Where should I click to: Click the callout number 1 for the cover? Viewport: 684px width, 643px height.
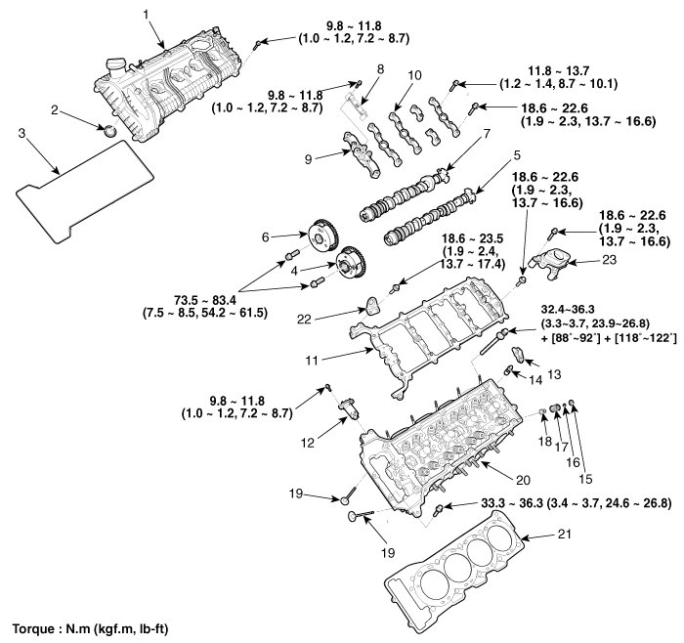(x=147, y=15)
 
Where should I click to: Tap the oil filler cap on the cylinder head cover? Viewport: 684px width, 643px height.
(x=115, y=68)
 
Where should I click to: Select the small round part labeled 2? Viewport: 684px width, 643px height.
(x=108, y=130)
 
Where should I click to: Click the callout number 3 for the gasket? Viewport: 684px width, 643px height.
(x=21, y=133)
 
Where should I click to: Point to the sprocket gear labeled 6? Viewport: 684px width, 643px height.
(x=321, y=235)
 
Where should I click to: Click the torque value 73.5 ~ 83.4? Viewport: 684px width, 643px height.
(x=205, y=300)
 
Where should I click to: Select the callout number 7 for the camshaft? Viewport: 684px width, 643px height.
(x=487, y=134)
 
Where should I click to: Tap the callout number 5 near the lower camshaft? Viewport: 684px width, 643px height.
(x=517, y=155)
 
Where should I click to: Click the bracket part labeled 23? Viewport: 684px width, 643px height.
(x=548, y=261)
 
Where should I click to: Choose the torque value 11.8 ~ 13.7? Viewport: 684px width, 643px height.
(x=559, y=70)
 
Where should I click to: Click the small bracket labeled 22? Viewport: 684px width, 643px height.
(x=371, y=305)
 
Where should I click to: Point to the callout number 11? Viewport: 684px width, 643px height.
(x=312, y=361)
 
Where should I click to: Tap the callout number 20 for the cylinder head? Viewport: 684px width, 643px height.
(x=523, y=480)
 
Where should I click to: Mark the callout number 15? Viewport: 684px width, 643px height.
(x=585, y=479)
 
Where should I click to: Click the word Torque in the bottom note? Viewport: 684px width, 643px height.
(x=33, y=628)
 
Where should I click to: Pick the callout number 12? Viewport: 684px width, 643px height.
(x=308, y=444)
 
